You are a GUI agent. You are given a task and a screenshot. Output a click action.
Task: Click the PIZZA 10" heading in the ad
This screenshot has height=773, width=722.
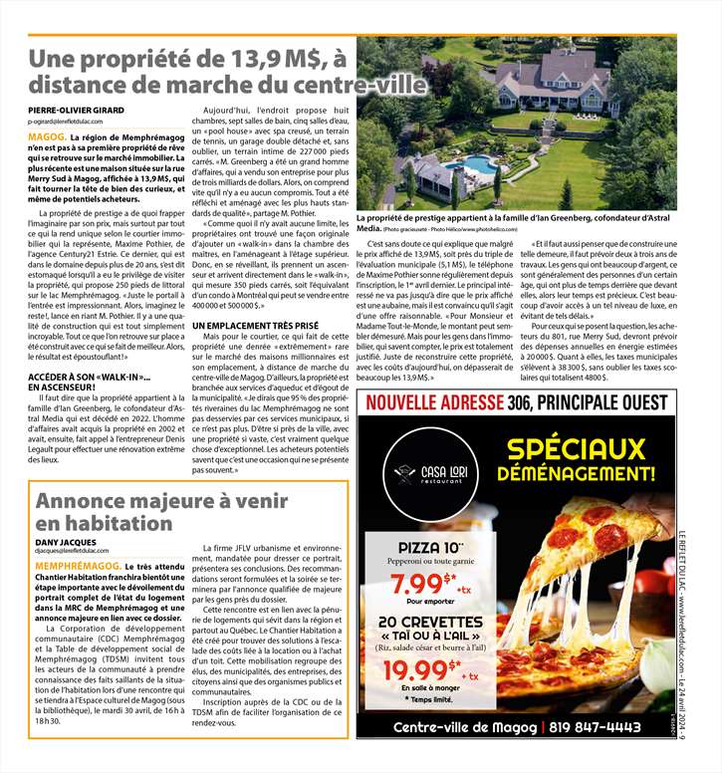pos(430,547)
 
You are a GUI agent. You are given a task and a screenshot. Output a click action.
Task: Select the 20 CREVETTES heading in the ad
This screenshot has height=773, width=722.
pos(431,623)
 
